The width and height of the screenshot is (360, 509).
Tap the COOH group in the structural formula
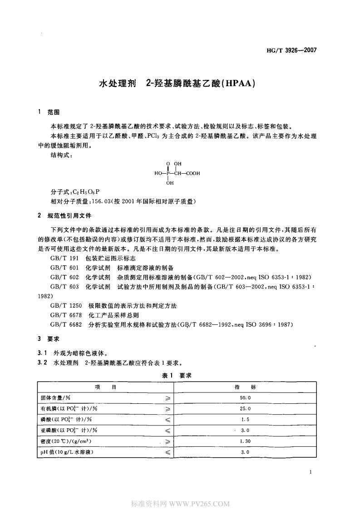tap(192, 173)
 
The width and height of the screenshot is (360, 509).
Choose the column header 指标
tap(245, 387)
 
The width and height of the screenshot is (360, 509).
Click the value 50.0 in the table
tap(245, 397)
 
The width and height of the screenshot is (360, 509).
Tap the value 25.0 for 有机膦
tap(245, 408)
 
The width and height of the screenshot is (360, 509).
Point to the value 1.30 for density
tap(245, 441)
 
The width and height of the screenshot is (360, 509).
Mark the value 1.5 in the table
tap(245, 419)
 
